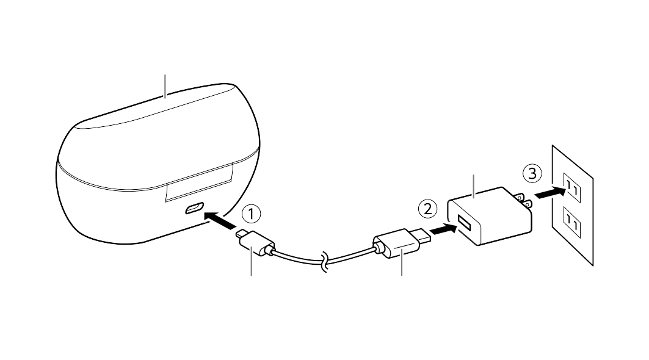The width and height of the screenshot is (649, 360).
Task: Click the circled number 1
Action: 252,214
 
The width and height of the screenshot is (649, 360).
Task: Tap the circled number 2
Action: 427,209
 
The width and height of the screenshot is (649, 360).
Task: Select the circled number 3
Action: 532,173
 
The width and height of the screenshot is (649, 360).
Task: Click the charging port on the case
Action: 194,209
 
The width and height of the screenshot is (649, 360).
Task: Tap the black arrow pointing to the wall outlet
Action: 549,192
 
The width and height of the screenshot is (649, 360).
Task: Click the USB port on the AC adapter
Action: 464,224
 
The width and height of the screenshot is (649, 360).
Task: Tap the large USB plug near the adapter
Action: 401,243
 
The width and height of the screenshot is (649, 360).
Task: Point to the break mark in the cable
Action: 324,263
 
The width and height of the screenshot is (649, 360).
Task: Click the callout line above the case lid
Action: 165,87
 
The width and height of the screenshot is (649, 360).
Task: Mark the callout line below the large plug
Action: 402,262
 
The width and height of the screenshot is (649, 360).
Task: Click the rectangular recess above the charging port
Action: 199,183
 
